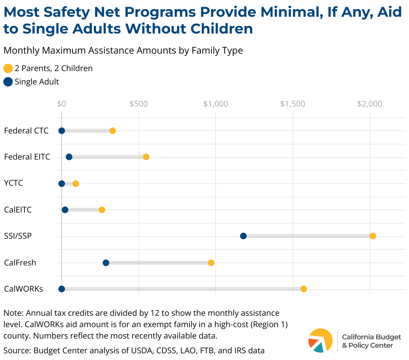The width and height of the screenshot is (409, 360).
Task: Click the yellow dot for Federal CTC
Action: [113, 131]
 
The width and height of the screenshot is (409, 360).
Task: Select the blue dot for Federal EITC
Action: [69, 157]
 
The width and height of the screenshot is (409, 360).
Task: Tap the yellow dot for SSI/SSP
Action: [372, 236]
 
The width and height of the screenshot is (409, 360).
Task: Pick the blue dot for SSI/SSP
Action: [243, 236]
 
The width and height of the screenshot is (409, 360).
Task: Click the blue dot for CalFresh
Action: [106, 262]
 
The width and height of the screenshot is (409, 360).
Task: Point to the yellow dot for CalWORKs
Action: [304, 289]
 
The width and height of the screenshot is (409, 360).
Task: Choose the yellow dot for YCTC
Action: [76, 184]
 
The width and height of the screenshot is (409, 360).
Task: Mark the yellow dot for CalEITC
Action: [102, 210]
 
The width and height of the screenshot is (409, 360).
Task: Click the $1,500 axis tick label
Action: [293, 104]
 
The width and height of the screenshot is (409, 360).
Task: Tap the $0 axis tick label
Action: [62, 104]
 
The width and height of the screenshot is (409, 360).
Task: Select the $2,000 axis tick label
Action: [369, 104]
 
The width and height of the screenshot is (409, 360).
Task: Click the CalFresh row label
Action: [20, 262]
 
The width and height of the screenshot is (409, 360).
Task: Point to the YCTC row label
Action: [13, 183]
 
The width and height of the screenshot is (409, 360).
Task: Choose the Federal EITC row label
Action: [27, 157]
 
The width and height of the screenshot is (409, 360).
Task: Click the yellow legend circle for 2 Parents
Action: [8, 68]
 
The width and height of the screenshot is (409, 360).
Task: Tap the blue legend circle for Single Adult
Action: [8, 82]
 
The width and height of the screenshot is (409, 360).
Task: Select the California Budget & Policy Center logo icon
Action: [320, 341]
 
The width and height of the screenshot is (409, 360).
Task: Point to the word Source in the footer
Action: [16, 351]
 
